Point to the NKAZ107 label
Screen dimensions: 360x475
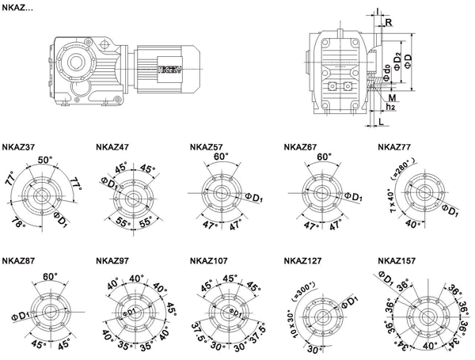(x=211, y=260)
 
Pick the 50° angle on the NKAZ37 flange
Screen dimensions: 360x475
(x=44, y=160)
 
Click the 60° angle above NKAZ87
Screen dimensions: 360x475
(x=51, y=277)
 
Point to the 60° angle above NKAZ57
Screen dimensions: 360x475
(x=220, y=157)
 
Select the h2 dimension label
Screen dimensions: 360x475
(x=390, y=105)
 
